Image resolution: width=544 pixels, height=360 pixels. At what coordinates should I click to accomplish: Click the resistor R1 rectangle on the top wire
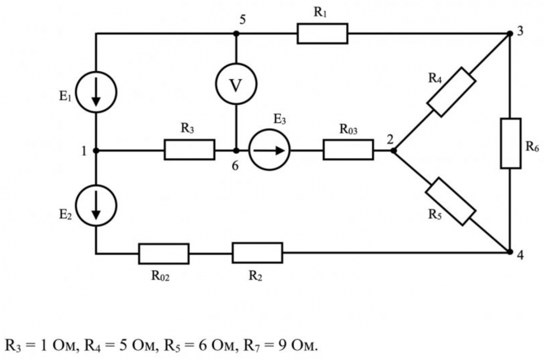tap(322, 33)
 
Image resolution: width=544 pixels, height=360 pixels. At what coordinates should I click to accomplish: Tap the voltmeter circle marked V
tap(236, 85)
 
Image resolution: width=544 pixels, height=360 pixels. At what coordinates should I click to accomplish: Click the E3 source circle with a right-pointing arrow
tap(270, 150)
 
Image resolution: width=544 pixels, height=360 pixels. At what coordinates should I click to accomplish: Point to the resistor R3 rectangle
tap(189, 150)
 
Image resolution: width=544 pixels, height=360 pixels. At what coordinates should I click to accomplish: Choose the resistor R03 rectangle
tap(348, 150)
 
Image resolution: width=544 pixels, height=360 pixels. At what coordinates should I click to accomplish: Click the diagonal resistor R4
tap(451, 92)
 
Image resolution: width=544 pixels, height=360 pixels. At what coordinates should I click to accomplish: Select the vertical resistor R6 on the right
tap(510, 142)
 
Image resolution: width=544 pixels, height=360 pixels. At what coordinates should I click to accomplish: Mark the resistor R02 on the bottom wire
tap(164, 253)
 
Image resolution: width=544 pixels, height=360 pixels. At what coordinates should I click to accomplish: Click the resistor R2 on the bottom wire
tap(257, 253)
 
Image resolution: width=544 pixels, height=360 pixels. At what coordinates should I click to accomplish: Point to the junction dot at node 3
tap(510, 33)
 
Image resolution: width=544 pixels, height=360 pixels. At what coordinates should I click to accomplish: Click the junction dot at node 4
tap(510, 252)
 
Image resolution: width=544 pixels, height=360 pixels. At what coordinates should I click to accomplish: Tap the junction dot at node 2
tap(393, 150)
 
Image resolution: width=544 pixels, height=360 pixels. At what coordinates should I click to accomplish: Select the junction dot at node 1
tap(96, 150)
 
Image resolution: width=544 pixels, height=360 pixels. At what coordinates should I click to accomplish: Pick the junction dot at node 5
tap(236, 33)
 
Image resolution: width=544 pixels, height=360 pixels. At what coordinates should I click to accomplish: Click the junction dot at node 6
tap(236, 150)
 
